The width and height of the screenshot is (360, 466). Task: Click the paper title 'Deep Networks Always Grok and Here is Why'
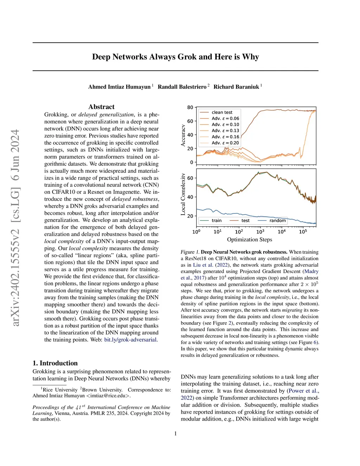pyautogui.click(x=175, y=57)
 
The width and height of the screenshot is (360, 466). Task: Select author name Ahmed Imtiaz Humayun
pyautogui.click(x=119, y=87)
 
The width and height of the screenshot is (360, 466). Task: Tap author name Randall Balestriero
pyautogui.click(x=182, y=87)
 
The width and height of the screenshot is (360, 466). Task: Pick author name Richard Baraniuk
pyautogui.click(x=236, y=87)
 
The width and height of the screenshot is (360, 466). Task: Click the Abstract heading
pyautogui.click(x=101, y=107)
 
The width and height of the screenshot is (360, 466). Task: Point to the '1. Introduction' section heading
pyautogui.click(x=55, y=363)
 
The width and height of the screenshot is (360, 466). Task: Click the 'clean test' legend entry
pyautogui.click(x=222, y=113)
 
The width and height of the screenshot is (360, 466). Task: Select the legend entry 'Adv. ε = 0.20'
pyautogui.click(x=225, y=143)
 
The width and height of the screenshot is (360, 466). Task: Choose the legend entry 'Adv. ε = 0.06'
pyautogui.click(x=225, y=119)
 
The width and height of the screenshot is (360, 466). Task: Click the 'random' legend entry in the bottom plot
pyautogui.click(x=277, y=221)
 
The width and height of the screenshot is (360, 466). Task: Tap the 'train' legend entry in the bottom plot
pyautogui.click(x=217, y=221)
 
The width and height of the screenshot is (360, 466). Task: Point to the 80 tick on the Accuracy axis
pyautogui.click(x=190, y=107)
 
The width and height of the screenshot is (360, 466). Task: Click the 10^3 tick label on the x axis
pyautogui.click(x=260, y=232)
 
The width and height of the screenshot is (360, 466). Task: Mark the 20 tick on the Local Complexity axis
pyautogui.click(x=190, y=216)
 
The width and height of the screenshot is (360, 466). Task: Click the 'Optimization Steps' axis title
pyautogui.click(x=250, y=240)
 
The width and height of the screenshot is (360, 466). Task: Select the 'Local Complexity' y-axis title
pyautogui.click(x=183, y=194)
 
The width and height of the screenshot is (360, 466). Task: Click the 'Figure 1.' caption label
pyautogui.click(x=190, y=252)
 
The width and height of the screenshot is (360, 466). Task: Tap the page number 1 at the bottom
pyautogui.click(x=175, y=434)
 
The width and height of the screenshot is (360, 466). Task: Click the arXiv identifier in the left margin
pyautogui.click(x=15, y=228)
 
